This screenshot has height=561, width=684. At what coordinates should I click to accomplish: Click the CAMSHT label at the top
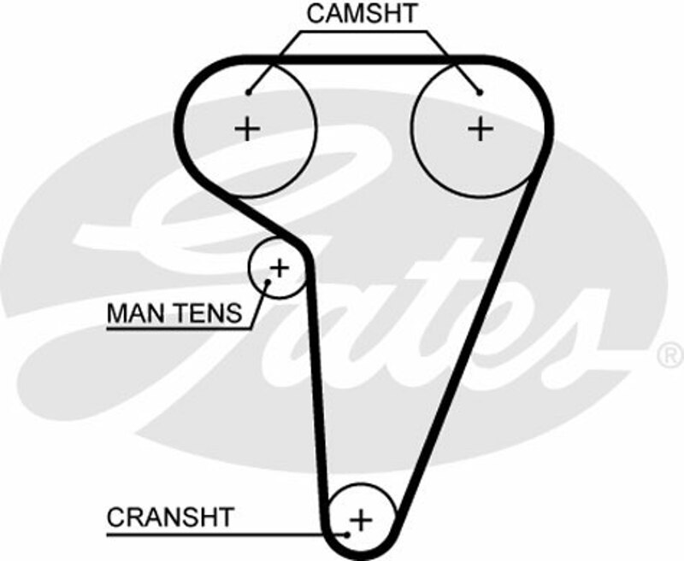point(362,14)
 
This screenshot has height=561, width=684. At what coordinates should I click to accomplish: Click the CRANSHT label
point(169,517)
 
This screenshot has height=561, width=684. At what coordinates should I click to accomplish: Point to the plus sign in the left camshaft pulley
point(247,129)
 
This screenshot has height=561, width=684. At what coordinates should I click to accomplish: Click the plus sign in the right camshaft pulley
point(481,129)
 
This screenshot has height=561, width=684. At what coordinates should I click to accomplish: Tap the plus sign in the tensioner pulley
point(280,267)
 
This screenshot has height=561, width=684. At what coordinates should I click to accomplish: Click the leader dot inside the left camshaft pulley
point(249,91)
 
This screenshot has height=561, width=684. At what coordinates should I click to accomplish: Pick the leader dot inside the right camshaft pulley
point(481,91)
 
